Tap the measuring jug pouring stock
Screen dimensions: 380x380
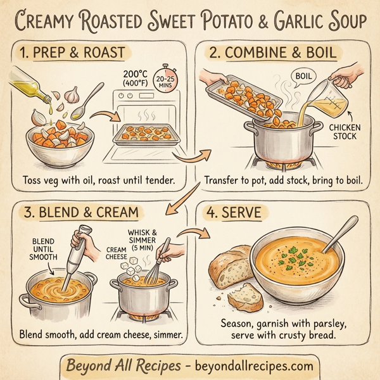(x=339, y=94)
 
